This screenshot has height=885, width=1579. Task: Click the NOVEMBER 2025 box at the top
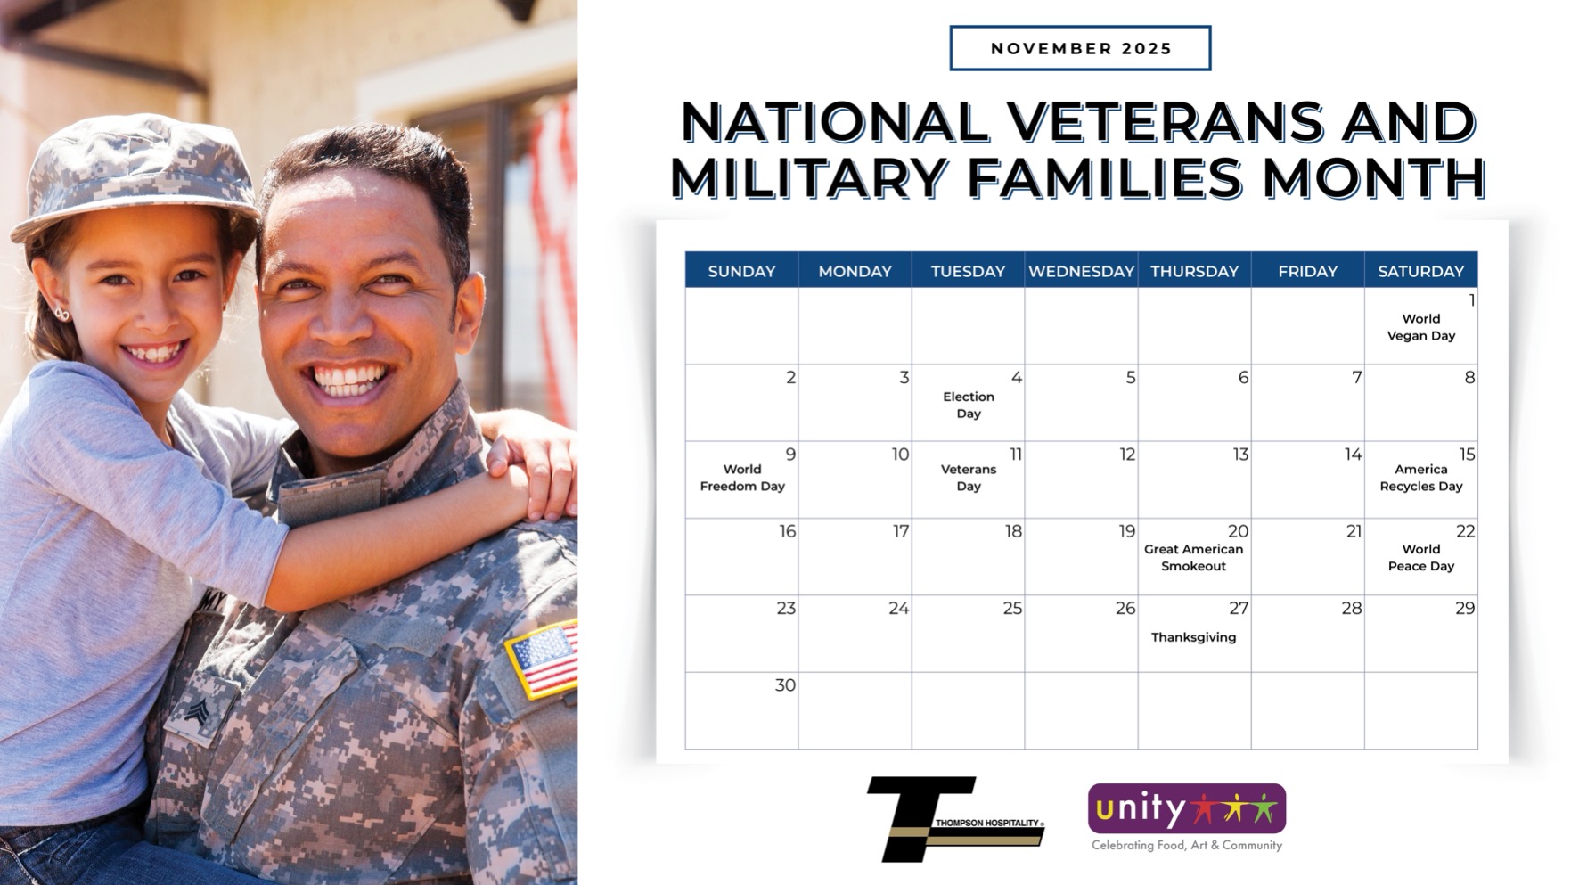click(x=1080, y=48)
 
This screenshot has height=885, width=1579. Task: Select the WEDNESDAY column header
click(x=1081, y=271)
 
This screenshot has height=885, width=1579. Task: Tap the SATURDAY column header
click(x=1420, y=271)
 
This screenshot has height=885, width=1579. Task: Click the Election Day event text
click(x=969, y=405)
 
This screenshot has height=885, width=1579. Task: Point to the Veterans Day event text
click(x=969, y=478)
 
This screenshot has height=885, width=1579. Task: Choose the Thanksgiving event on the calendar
click(x=1193, y=637)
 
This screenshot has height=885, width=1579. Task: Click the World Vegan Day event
click(x=1420, y=327)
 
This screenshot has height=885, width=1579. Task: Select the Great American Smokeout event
click(x=1193, y=557)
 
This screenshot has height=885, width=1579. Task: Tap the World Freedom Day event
click(x=742, y=478)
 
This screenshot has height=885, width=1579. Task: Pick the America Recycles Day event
click(x=1420, y=478)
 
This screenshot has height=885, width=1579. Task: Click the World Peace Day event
click(x=1420, y=557)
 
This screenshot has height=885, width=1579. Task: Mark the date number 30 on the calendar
click(x=785, y=685)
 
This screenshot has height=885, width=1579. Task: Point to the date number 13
click(x=1239, y=455)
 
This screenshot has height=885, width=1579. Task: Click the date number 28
click(x=1352, y=609)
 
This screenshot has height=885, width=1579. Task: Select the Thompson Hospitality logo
click(x=955, y=819)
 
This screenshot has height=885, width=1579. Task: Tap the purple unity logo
click(x=1187, y=808)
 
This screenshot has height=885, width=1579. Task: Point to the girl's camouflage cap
click(x=134, y=175)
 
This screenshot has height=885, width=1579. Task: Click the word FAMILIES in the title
click(x=1104, y=177)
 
